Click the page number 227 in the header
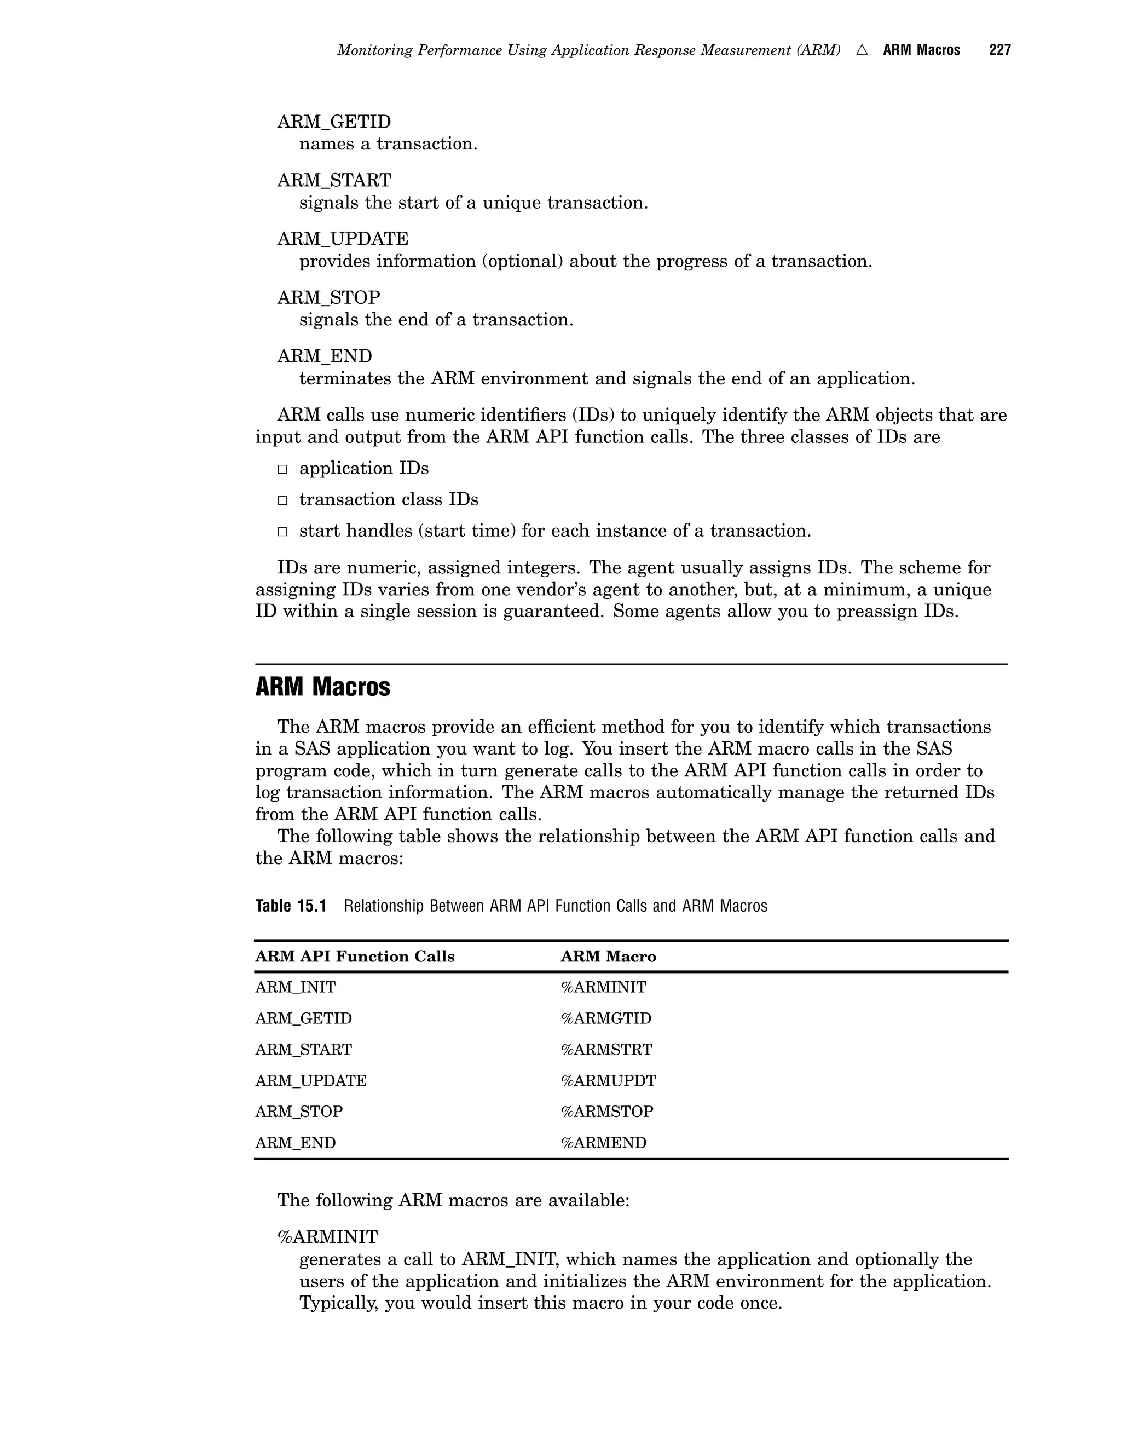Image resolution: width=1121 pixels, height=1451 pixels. tap(999, 50)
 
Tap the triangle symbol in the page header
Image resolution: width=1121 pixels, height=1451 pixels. tap(862, 50)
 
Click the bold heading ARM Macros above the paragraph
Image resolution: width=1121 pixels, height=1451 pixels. tap(323, 687)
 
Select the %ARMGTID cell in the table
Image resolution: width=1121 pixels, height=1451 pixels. tap(606, 1018)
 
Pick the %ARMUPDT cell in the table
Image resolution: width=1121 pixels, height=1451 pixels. tap(608, 1081)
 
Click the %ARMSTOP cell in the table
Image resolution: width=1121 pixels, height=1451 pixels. tap(607, 1112)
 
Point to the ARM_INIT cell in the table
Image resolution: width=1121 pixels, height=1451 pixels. tap(296, 987)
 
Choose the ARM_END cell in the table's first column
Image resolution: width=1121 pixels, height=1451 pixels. tap(296, 1143)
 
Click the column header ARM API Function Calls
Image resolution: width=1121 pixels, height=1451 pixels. tap(355, 957)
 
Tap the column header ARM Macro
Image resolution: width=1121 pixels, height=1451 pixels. tap(608, 957)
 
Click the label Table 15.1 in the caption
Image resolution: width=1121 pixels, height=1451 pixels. tap(291, 906)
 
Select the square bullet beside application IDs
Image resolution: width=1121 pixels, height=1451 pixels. tap(282, 469)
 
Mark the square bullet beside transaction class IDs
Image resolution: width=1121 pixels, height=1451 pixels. tap(282, 500)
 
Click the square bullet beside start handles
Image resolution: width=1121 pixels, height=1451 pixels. tap(282, 532)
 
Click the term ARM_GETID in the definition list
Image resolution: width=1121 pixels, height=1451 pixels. tap(334, 122)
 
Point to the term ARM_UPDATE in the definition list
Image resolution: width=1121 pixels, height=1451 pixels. tap(343, 239)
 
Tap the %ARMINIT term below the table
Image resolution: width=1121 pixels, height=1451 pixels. tap(327, 1237)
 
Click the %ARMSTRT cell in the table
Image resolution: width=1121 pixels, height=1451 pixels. tap(606, 1050)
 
